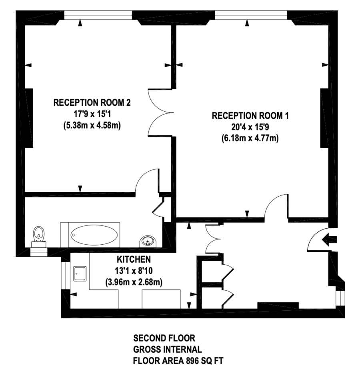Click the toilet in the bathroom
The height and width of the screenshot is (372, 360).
pyautogui.click(x=39, y=237)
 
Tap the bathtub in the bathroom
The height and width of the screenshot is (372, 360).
pyautogui.click(x=94, y=235)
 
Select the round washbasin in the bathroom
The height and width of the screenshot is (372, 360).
pyautogui.click(x=148, y=241)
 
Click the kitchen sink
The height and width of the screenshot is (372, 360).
pyautogui.click(x=80, y=273)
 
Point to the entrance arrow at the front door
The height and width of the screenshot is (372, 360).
pyautogui.click(x=329, y=239)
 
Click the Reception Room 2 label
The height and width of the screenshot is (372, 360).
pyautogui.click(x=92, y=103)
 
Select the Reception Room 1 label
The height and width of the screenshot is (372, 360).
pyautogui.click(x=250, y=116)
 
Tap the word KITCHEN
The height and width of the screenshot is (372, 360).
pyautogui.click(x=134, y=259)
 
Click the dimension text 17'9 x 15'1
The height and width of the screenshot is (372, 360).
pyautogui.click(x=92, y=114)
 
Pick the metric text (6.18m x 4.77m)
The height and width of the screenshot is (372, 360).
pyautogui.click(x=250, y=138)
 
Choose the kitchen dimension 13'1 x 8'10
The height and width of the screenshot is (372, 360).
pyautogui.click(x=134, y=271)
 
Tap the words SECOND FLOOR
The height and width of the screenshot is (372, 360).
pyautogui.click(x=164, y=338)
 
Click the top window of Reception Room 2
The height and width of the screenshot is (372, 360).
pyautogui.click(x=98, y=15)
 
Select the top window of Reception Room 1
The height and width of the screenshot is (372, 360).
pyautogui.click(x=251, y=15)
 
